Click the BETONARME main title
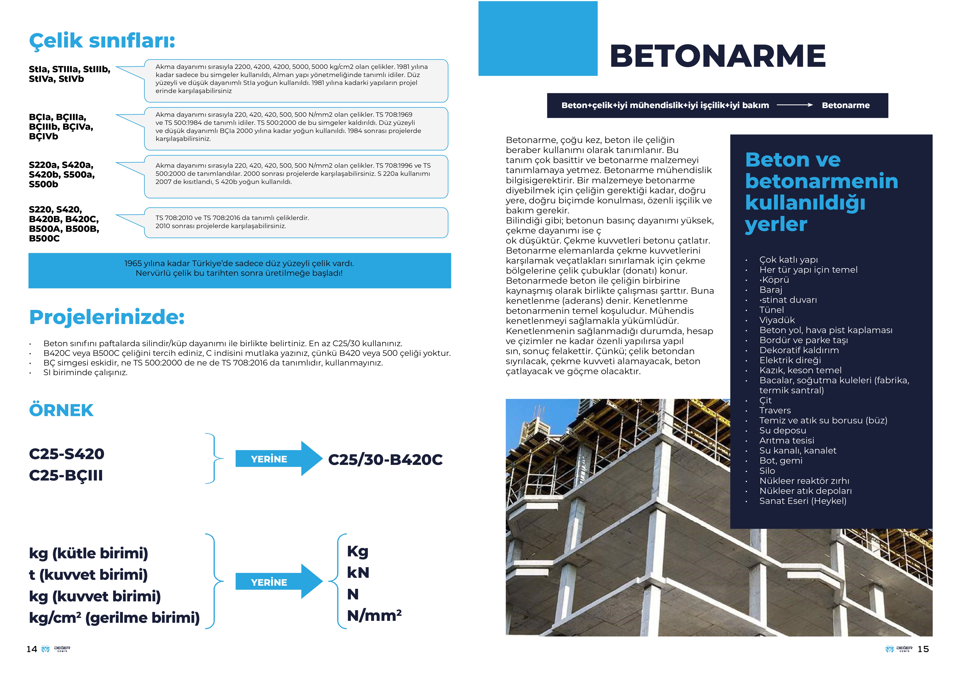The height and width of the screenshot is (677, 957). click(717, 56)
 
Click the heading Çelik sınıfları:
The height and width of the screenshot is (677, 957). click(102, 41)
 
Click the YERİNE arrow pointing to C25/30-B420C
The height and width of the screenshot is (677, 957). click(278, 459)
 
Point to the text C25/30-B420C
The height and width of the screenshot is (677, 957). click(385, 459)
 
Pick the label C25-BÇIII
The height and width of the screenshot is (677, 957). click(66, 475)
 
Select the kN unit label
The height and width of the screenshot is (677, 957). click(358, 573)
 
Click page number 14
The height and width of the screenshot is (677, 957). click(32, 649)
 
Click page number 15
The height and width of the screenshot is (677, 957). click(923, 649)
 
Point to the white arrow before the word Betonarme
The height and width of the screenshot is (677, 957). click(794, 106)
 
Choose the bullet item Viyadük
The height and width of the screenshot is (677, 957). click(777, 320)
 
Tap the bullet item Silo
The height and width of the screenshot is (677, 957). click(767, 471)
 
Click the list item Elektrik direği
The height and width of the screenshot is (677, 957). click(790, 360)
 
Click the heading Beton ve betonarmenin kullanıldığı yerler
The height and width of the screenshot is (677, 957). click(821, 192)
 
